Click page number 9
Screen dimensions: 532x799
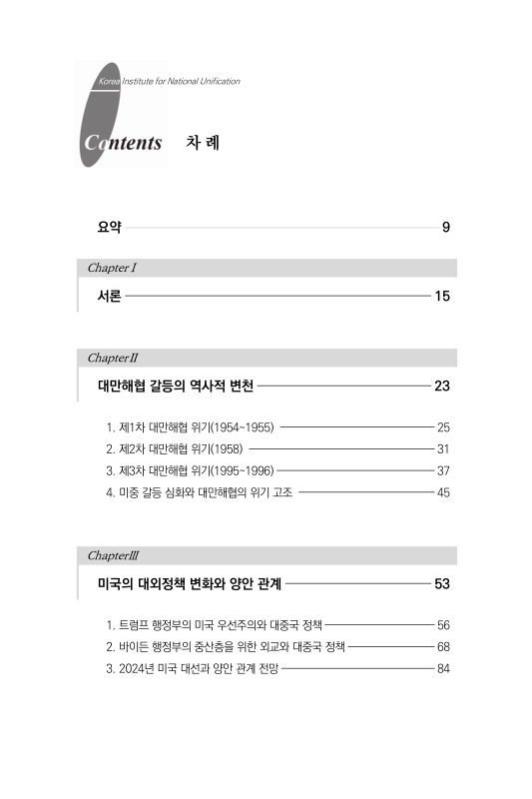(446, 228)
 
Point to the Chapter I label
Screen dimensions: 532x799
(112, 269)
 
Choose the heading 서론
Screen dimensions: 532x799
(110, 297)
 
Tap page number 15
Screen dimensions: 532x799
(442, 297)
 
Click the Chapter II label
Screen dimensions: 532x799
(113, 357)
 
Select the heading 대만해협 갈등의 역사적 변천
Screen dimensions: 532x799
(176, 386)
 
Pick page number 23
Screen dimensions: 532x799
(442, 386)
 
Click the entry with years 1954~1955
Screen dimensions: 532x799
(190, 426)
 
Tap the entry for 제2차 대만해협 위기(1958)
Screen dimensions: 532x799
(175, 448)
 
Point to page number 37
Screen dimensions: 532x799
(443, 470)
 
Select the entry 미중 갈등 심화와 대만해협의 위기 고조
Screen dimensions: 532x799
(200, 492)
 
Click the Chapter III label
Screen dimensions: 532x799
(114, 554)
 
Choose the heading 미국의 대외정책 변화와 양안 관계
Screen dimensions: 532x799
(190, 583)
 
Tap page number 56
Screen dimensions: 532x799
(443, 624)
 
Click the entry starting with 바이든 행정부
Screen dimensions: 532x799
(226, 646)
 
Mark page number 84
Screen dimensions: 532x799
(443, 668)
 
